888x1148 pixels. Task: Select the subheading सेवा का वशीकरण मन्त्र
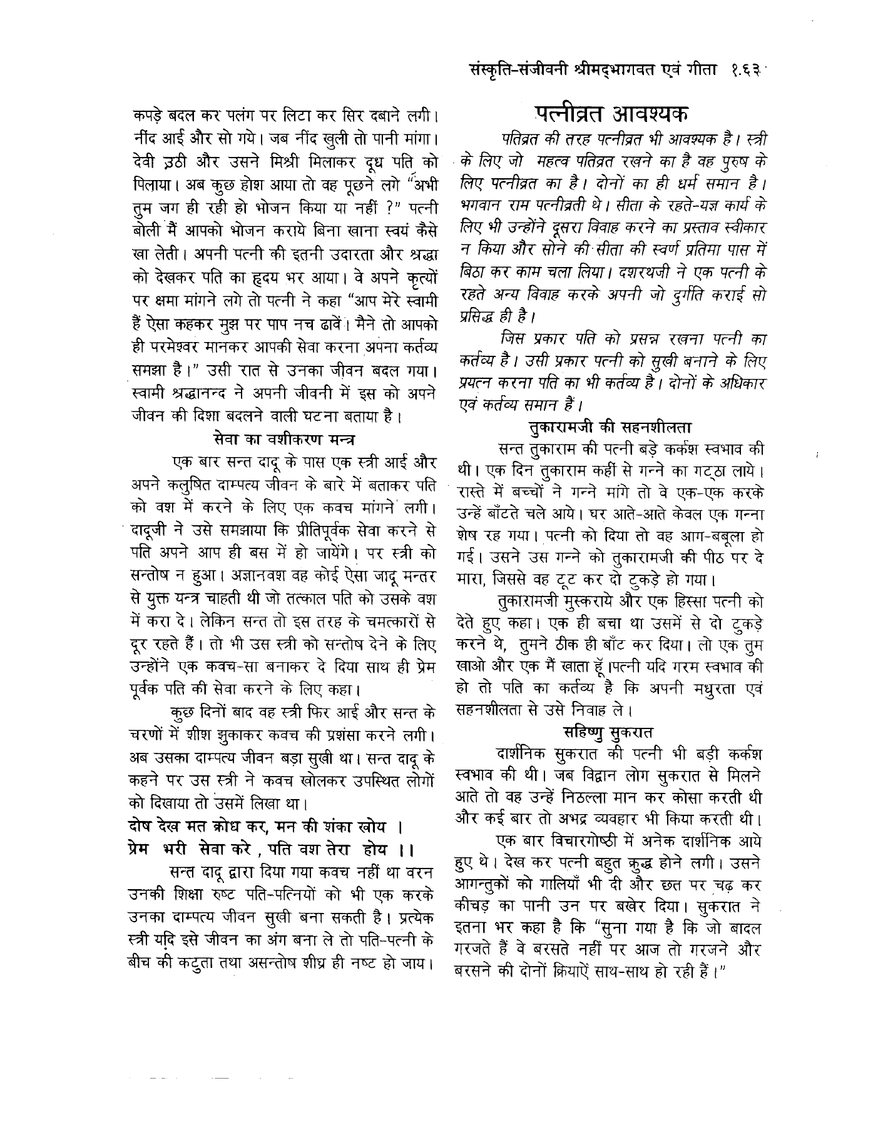pos(284,438)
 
